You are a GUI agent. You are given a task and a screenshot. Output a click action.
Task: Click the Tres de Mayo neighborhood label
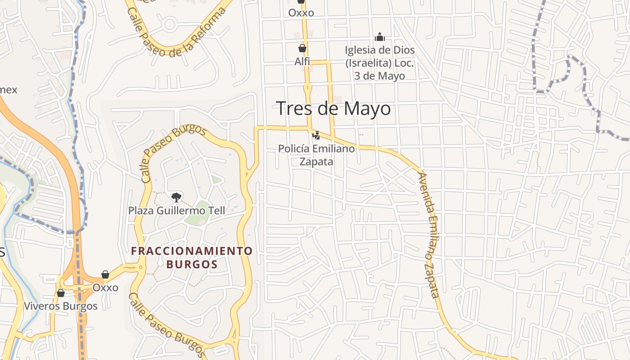333,108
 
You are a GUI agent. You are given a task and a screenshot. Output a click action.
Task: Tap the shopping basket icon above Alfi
302,48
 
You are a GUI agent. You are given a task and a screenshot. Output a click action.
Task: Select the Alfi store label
302,61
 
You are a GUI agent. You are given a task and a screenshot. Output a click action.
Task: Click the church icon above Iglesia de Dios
380,37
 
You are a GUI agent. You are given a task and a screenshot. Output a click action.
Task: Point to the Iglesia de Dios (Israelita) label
380,63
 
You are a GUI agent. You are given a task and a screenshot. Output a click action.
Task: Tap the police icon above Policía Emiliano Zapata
316,135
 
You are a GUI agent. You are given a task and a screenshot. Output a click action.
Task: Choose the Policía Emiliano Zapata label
316,154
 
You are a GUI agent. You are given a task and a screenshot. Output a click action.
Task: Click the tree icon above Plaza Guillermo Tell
176,197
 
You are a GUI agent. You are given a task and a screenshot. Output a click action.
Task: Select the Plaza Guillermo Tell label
176,210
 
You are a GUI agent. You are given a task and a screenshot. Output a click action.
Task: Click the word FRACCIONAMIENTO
192,251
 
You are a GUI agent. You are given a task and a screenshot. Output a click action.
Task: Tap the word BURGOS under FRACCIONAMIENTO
192,264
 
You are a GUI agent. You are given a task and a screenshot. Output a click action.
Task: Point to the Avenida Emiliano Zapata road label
428,235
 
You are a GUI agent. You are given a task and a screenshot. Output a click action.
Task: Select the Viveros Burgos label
60,306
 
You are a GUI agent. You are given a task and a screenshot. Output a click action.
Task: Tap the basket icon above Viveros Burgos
60,293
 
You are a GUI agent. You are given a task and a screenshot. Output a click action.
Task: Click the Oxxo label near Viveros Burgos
105,288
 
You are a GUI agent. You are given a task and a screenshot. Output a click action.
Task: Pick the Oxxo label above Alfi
301,13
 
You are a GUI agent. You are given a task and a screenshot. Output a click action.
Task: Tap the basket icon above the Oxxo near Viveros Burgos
105,274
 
